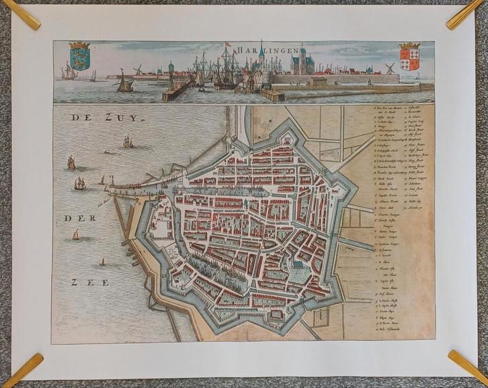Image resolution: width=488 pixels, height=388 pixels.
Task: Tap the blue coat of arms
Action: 79,56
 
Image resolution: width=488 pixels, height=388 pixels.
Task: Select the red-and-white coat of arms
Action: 409,57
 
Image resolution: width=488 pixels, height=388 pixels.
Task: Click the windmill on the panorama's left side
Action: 138,69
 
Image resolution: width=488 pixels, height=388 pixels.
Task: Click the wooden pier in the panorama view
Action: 176,91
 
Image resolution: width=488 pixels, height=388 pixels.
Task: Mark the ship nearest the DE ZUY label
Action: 128,141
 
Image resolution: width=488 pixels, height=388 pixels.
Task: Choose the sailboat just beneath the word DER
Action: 75,234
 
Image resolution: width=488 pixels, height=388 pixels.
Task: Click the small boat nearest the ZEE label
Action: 102,261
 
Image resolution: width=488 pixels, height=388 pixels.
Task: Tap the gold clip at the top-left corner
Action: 20,14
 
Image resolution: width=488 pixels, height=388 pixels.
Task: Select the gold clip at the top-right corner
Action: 465,13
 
